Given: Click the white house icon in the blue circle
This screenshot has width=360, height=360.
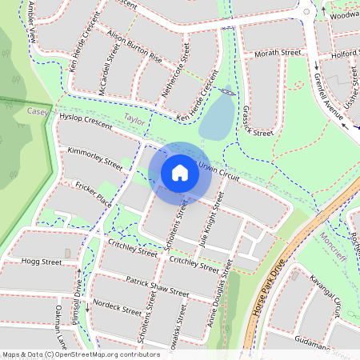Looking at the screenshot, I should tap(180, 172).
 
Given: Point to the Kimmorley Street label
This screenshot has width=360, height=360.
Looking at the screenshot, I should tap(95, 158).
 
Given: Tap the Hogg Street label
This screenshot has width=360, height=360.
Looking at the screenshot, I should tap(42, 261).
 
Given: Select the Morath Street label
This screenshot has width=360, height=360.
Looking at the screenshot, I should tap(278, 53).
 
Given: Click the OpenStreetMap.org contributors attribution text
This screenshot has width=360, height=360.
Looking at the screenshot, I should tap(100, 354).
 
